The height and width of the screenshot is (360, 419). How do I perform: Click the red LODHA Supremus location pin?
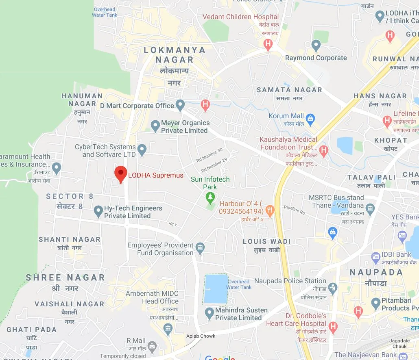click(x=120, y=174)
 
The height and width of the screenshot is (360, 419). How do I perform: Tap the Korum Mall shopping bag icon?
click(x=310, y=119)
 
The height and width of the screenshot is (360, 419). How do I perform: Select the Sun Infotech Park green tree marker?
click(x=210, y=198)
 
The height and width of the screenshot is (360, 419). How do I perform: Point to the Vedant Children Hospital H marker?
click(x=268, y=44)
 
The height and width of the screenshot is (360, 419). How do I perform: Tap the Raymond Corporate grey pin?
click(x=316, y=46)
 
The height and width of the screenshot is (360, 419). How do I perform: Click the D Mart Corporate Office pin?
click(x=180, y=106)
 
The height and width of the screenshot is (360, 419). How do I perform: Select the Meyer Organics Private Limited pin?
click(x=155, y=126)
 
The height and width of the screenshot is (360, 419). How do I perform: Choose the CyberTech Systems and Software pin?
click(x=142, y=150)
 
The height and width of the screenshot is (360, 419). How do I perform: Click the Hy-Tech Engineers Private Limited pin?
click(x=98, y=211)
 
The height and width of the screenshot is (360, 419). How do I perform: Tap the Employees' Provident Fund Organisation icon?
click(x=200, y=248)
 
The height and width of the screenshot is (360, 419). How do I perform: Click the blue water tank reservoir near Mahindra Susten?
click(x=215, y=288)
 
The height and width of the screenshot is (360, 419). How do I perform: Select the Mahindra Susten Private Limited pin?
click(x=209, y=313)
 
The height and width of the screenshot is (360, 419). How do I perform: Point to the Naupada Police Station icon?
click(x=333, y=288)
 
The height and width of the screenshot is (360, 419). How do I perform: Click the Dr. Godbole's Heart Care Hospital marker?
click(x=333, y=327)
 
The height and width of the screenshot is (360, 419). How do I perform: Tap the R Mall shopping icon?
click(x=152, y=347)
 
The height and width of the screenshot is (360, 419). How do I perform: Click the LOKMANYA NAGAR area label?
click(x=175, y=55)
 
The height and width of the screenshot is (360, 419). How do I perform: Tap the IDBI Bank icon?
click(x=375, y=257)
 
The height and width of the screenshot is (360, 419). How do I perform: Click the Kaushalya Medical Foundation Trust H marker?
click(x=324, y=151)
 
